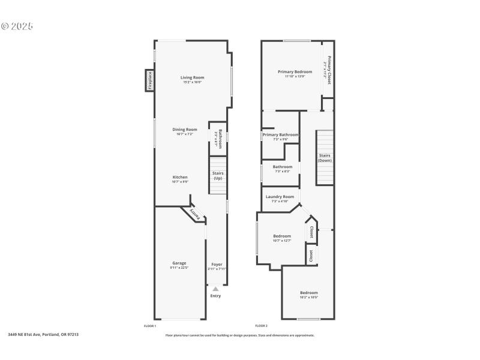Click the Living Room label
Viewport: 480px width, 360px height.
193,77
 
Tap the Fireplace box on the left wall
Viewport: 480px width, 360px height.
149,80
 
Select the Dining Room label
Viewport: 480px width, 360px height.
185,130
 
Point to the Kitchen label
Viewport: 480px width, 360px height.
180,178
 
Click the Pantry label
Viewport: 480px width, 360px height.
194,214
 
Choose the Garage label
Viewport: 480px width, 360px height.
179,263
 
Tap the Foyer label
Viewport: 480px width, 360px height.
217,264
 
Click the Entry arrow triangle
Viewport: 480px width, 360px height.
215,289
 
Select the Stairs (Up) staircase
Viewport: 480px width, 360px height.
218,175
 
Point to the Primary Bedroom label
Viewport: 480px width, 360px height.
295,72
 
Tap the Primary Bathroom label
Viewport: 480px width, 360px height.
280,135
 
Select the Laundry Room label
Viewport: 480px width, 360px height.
280,197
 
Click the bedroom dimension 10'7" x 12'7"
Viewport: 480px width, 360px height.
282,241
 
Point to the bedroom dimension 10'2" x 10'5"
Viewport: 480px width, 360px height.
309,297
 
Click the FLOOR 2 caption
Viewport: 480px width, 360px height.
262,326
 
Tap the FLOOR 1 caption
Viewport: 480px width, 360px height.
150,326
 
